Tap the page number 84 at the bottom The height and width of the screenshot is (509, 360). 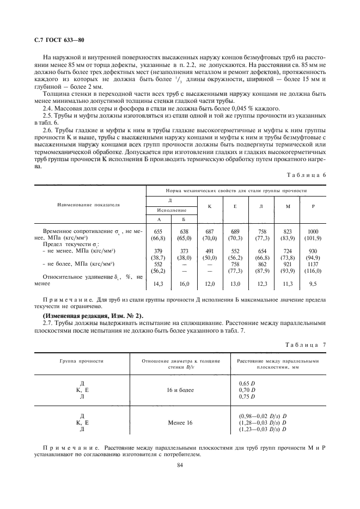180,465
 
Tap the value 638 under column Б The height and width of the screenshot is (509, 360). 184,231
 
